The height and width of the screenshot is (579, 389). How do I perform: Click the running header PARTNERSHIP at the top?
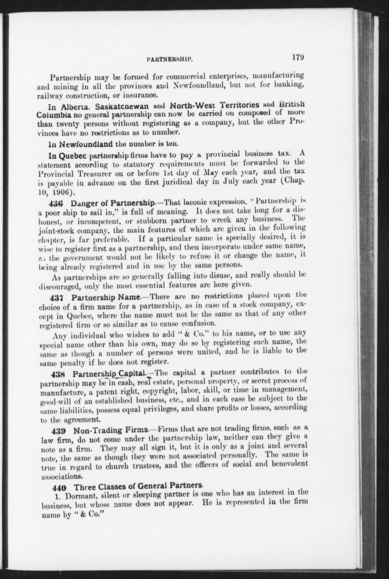pyautogui.click(x=170, y=58)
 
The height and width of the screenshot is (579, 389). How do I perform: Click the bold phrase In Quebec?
pyautogui.click(x=67, y=156)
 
